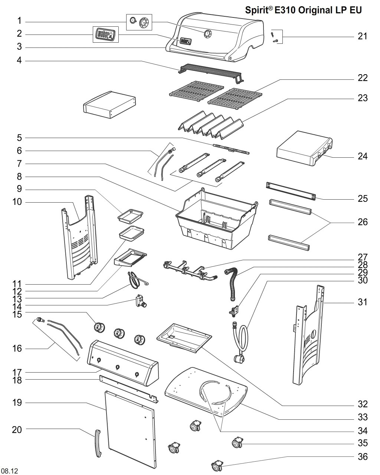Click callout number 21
(x=362, y=36)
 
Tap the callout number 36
(x=362, y=456)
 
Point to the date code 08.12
(x=10, y=471)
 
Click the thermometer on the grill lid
(x=207, y=34)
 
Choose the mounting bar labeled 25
(x=291, y=191)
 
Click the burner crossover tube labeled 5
(x=231, y=149)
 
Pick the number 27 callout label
(x=362, y=257)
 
